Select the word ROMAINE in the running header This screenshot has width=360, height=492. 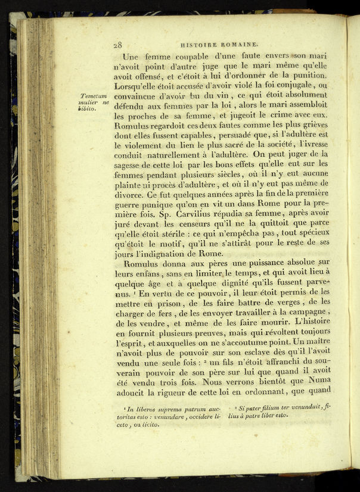click(241, 43)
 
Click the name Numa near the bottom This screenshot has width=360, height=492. click(314, 379)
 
